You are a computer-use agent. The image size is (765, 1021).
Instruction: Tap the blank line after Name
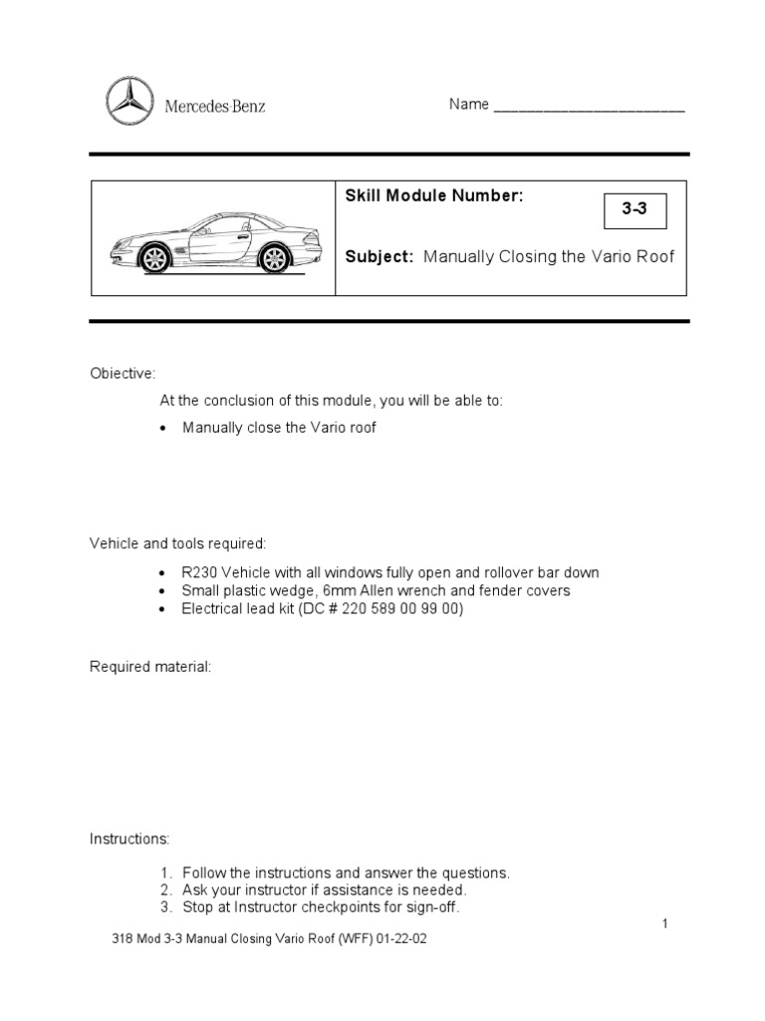point(589,107)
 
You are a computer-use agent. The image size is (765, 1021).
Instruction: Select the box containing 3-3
point(635,211)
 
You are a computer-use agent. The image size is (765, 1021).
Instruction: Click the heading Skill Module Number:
point(433,196)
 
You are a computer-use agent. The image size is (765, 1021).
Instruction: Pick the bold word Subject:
point(379,256)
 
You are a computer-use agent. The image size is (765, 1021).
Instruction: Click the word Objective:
point(123,373)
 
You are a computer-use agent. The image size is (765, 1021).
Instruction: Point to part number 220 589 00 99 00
point(399,608)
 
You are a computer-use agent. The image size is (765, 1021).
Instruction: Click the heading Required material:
point(150,665)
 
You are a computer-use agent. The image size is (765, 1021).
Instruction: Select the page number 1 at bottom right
point(664,924)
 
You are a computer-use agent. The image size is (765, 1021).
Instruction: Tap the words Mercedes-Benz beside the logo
point(215,106)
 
